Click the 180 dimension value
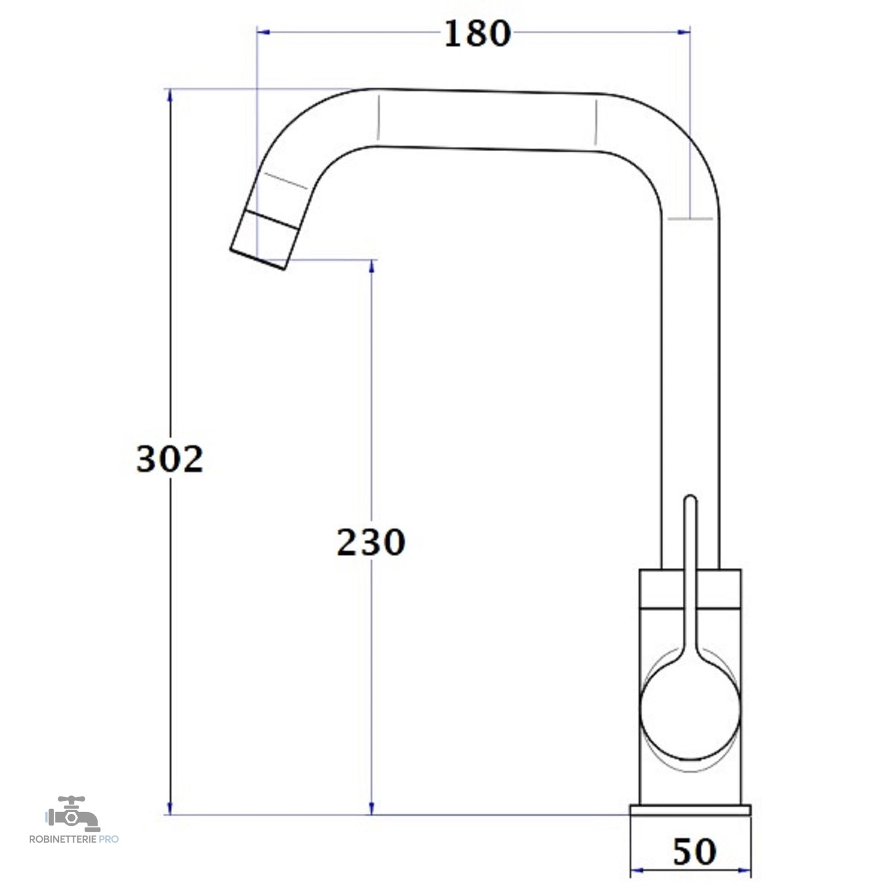coord(477,33)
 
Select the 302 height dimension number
coord(170,459)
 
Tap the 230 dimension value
coord(371,542)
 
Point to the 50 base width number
coord(694,852)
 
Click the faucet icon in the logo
coord(73,813)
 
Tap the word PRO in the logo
coord(109,839)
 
